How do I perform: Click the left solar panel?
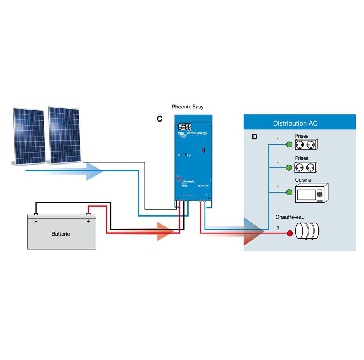click(x=29, y=135)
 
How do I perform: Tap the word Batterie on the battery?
click(x=60, y=234)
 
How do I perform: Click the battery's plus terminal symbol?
click(x=88, y=221)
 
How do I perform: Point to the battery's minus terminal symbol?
click(x=36, y=221)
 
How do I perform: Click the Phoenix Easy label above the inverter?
click(x=187, y=107)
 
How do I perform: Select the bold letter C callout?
click(x=159, y=119)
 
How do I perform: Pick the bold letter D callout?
click(x=254, y=137)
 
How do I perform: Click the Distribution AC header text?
click(x=295, y=123)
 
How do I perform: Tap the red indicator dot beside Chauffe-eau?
click(x=290, y=233)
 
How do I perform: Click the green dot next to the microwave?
click(x=289, y=192)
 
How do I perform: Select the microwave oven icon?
click(x=311, y=193)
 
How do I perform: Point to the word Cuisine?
click(x=303, y=180)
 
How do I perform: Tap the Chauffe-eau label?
click(x=290, y=217)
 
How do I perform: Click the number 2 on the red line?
click(x=278, y=229)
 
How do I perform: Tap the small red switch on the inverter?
click(x=204, y=150)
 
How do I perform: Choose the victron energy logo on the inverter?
click(x=193, y=134)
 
